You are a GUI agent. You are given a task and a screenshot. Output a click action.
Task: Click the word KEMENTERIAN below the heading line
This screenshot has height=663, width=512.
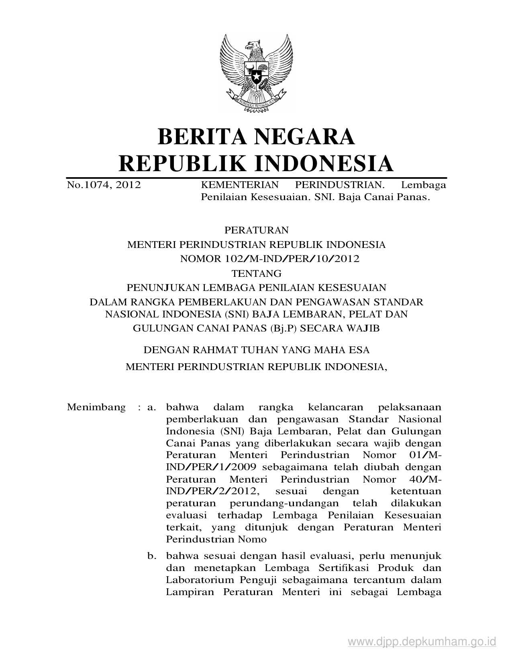coord(239,185)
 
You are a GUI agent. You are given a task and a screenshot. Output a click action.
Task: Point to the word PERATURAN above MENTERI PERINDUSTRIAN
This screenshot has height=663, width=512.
coord(256,230)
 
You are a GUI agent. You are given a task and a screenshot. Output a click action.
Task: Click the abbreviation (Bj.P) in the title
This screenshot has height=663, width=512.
coord(282,328)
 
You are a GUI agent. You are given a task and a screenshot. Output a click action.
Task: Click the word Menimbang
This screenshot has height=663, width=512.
coord(96,407)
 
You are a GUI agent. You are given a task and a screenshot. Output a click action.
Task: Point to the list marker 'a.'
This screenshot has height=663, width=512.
coord(151,407)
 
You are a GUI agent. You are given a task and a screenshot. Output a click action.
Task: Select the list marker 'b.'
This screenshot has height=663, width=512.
coord(151,557)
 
